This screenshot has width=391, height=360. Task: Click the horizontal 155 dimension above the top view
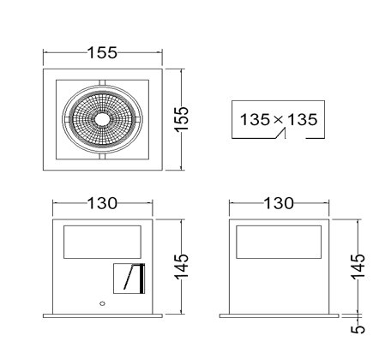[x=102, y=53]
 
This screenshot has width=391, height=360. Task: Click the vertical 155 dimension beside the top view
[x=182, y=119]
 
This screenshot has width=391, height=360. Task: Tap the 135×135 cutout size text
[x=279, y=119]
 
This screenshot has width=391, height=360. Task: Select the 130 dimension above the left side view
[x=102, y=203]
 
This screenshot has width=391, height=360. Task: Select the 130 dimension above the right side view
[x=279, y=203]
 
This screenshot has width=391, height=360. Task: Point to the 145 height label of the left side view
[x=182, y=267]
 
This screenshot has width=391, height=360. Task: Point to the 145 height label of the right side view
[x=358, y=267]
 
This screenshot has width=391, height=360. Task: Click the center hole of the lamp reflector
[x=102, y=119]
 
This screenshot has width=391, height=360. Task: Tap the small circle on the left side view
[x=102, y=303]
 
